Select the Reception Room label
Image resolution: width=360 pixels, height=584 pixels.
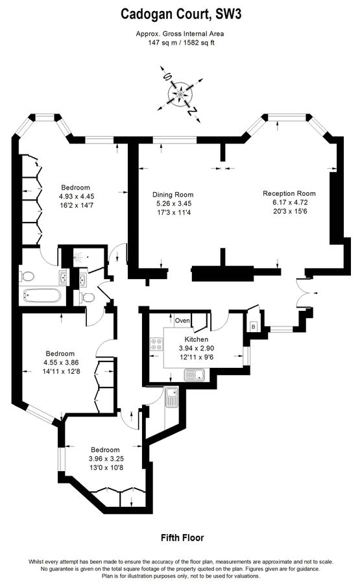point(289,193)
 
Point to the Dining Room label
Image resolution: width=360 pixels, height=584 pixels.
point(173,195)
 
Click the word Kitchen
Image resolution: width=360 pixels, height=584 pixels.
point(197,339)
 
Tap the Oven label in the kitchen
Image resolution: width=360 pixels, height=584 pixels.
point(183,321)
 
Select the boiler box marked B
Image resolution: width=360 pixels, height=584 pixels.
point(253,326)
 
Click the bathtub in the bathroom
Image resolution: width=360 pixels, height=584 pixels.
point(42,297)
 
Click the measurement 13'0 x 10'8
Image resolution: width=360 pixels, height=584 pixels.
point(104,468)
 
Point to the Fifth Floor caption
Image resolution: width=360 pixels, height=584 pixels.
point(182,538)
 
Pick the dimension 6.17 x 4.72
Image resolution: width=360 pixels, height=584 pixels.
point(289,202)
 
